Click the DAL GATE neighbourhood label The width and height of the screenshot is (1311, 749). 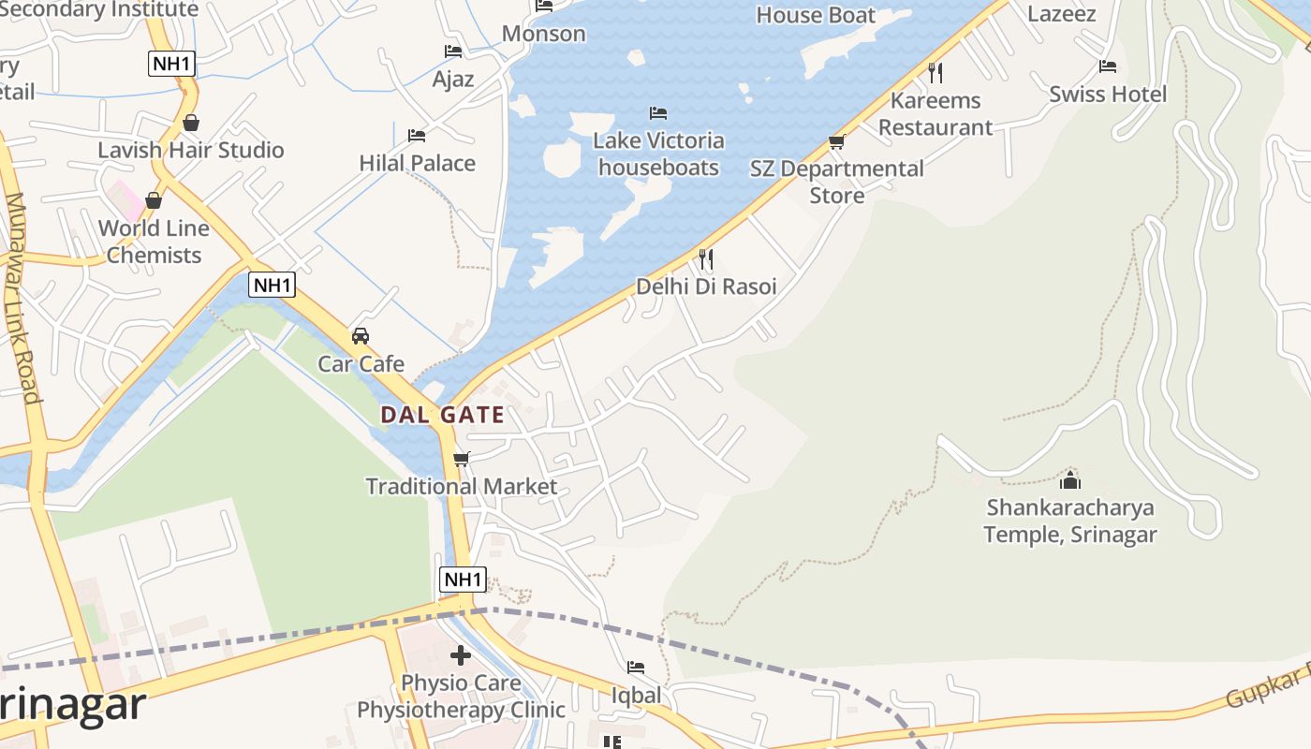pyautogui.click(x=442, y=415)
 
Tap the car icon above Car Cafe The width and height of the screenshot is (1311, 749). pyautogui.click(x=361, y=335)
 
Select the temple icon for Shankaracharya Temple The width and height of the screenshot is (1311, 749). pyautogui.click(x=1069, y=481)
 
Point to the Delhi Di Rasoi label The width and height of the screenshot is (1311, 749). pyautogui.click(x=706, y=286)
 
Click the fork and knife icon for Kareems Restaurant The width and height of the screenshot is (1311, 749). pyautogui.click(x=935, y=72)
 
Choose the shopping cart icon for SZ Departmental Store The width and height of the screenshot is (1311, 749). pyautogui.click(x=836, y=142)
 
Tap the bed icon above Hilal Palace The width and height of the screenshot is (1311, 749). pyautogui.click(x=417, y=136)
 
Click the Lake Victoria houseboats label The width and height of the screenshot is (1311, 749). pyautogui.click(x=658, y=154)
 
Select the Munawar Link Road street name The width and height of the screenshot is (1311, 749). pyautogui.click(x=22, y=298)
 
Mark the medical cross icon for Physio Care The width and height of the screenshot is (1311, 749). pyautogui.click(x=460, y=655)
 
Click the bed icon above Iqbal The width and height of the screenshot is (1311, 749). pyautogui.click(x=636, y=668)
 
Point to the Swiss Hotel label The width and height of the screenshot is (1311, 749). pyautogui.click(x=1108, y=95)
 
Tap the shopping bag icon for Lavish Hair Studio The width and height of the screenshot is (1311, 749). pyautogui.click(x=191, y=123)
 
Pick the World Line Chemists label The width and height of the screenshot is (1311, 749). pyautogui.click(x=154, y=242)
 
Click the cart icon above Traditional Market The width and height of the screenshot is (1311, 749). pyautogui.click(x=461, y=459)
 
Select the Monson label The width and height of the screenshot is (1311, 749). pyautogui.click(x=544, y=34)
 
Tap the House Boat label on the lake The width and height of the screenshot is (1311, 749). pyautogui.click(x=816, y=15)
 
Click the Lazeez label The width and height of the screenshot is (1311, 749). pyautogui.click(x=1062, y=14)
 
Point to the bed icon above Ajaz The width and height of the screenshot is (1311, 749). pyautogui.click(x=453, y=51)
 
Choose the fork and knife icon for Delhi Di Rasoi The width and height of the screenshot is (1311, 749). pyautogui.click(x=706, y=258)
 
